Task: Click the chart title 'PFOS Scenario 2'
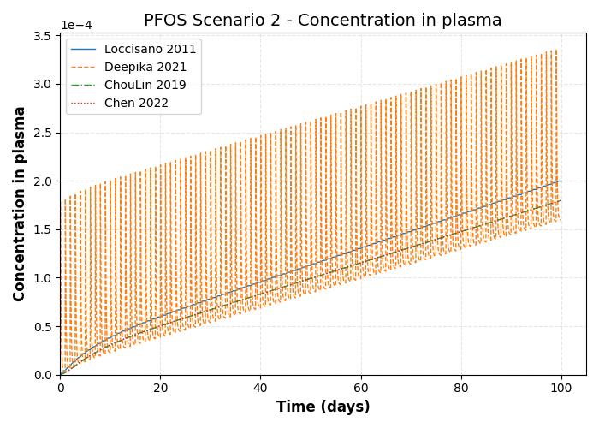(x=323, y=21)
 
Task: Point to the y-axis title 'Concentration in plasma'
(x=20, y=204)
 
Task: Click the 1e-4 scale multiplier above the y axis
(x=76, y=26)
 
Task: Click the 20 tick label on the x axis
(x=160, y=388)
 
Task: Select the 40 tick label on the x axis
(x=260, y=388)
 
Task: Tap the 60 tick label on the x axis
(x=361, y=388)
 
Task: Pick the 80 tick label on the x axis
(x=461, y=388)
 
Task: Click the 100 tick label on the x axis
(x=561, y=388)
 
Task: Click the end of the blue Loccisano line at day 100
(x=561, y=181)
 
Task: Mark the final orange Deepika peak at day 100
(x=557, y=50)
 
